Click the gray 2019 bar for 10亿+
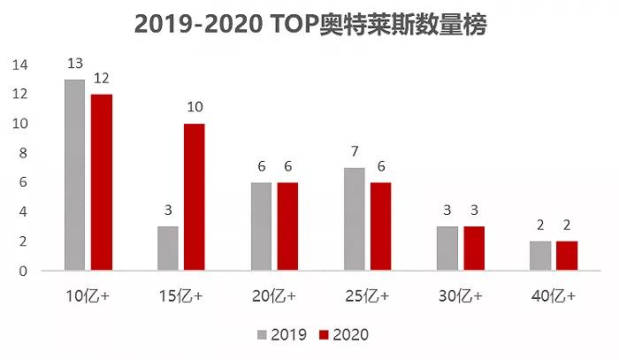point(74,175)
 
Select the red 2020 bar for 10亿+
point(101,182)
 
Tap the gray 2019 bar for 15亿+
point(168,249)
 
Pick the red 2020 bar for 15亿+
point(194,197)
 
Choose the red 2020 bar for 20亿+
point(287,226)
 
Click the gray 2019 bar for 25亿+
point(355,219)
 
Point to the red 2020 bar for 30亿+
point(473,249)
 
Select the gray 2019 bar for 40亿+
point(541,256)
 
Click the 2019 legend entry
point(281,335)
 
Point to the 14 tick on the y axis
point(20,65)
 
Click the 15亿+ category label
point(181,296)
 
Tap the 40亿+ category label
point(554,296)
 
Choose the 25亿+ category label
point(368,296)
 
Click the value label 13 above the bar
point(74,64)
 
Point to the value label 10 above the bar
point(195,108)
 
